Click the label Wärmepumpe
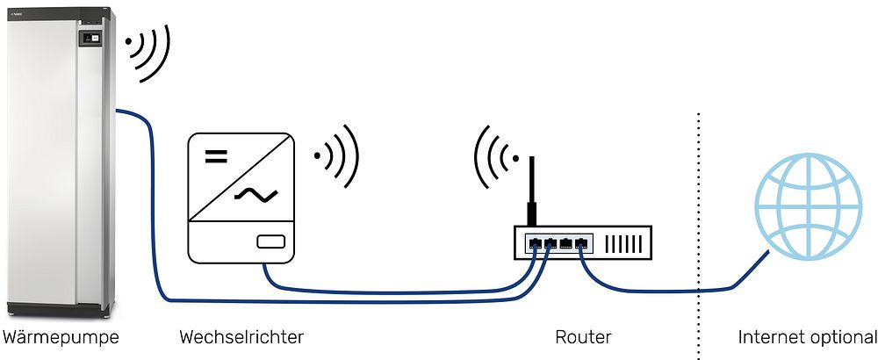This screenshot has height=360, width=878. tap(61, 337)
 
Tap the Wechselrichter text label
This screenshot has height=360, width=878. tap(241, 337)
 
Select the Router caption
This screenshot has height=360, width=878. tap(583, 337)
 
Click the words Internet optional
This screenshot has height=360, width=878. tap(807, 337)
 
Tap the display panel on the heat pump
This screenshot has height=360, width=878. tap(90, 39)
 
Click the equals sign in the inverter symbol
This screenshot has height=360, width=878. tap(216, 158)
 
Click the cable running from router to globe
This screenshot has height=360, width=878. tap(667, 287)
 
